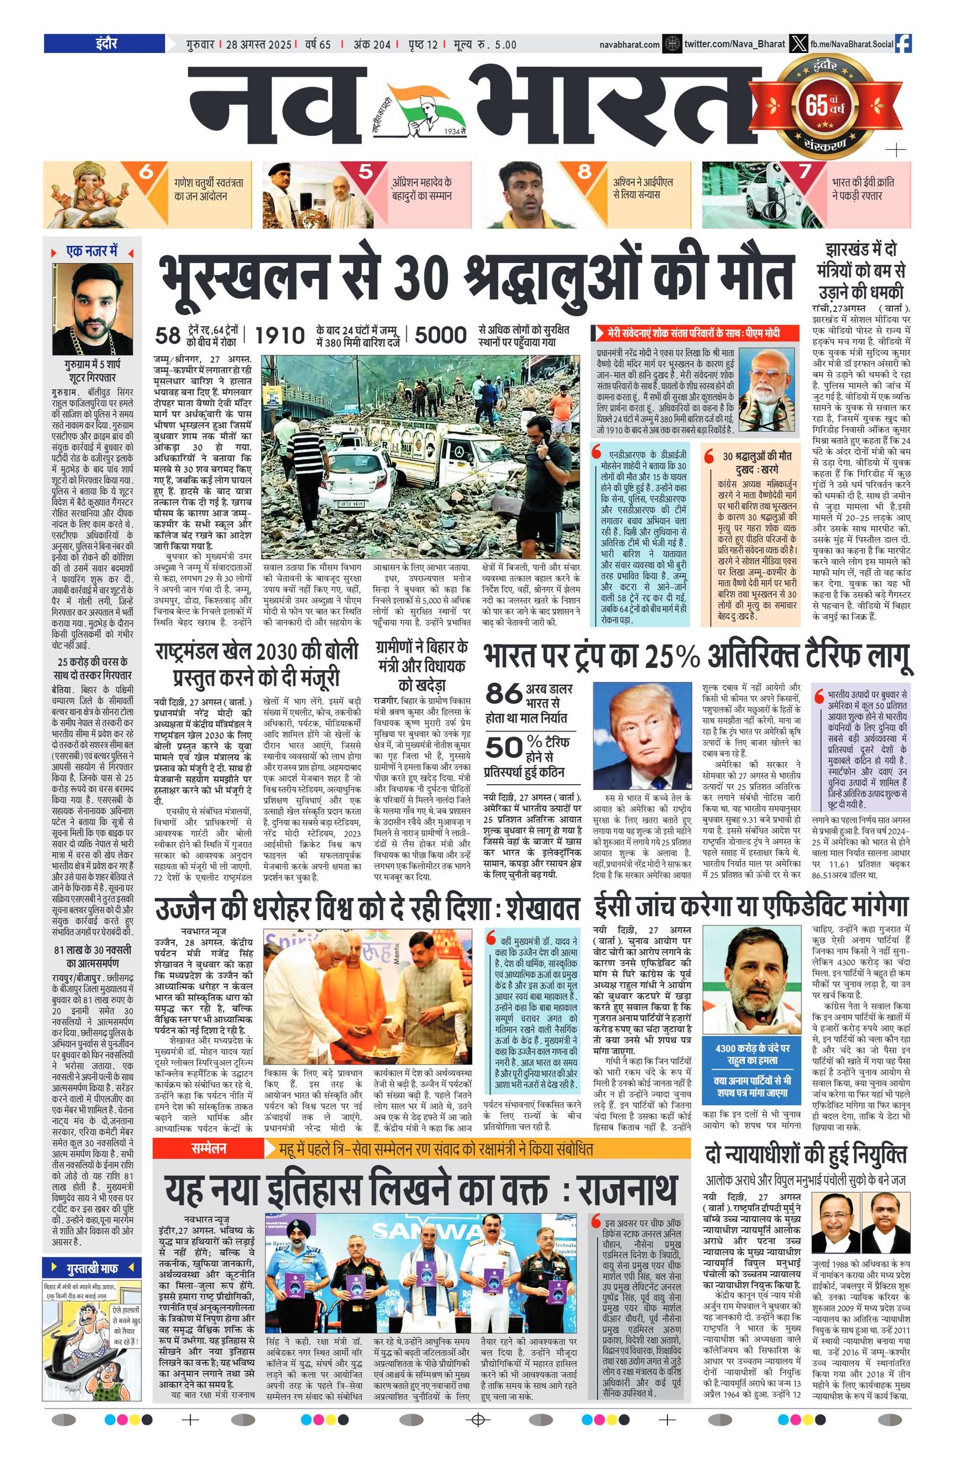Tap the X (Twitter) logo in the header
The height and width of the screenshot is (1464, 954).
tap(798, 44)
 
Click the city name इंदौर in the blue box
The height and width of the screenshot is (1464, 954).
tap(103, 44)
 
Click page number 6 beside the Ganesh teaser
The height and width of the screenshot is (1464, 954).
tap(147, 172)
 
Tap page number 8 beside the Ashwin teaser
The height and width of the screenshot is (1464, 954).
tap(583, 172)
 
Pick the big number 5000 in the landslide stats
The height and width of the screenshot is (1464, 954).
tap(441, 335)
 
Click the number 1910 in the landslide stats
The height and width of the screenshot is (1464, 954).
tap(280, 335)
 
